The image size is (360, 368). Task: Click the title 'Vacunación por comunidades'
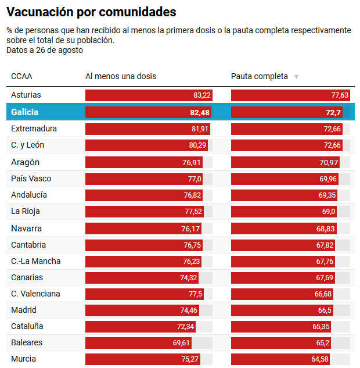pos(91,12)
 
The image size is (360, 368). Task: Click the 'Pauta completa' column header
pos(259,76)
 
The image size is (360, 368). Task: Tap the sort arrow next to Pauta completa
pos(296,77)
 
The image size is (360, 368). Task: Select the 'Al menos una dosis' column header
pos(121,76)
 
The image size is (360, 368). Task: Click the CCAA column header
pos(21,76)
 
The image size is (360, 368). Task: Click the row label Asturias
pos(26,95)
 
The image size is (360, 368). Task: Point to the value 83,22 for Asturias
pos(202,95)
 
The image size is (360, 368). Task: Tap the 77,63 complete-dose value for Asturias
pos(340,95)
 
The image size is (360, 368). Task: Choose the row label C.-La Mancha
pos(35,261)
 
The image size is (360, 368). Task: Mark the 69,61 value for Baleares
pos(182,343)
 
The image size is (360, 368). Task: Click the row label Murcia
pos(23,359)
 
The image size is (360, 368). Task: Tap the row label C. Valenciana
pos(35,294)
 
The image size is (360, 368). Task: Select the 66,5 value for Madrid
pos(325,310)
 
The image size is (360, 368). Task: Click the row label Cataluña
pos(27,326)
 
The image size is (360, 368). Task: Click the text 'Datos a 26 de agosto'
pos(45,50)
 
